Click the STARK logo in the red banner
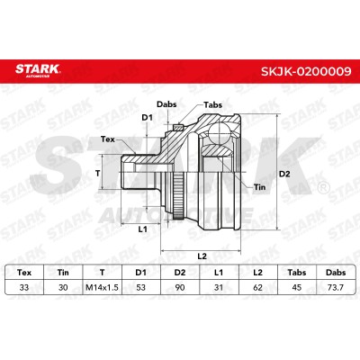pyautogui.click(x=38, y=70)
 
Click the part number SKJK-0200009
pyautogui.click(x=306, y=72)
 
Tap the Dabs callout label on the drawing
pyautogui.click(x=166, y=104)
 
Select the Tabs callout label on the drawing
pyautogui.click(x=212, y=105)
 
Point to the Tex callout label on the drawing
pyautogui.click(x=108, y=139)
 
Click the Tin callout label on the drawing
pyautogui.click(x=259, y=187)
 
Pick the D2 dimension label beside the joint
pyautogui.click(x=284, y=174)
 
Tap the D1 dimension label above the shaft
pyautogui.click(x=147, y=118)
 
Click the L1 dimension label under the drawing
pyautogui.click(x=143, y=229)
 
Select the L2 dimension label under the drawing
pyautogui.click(x=202, y=256)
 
